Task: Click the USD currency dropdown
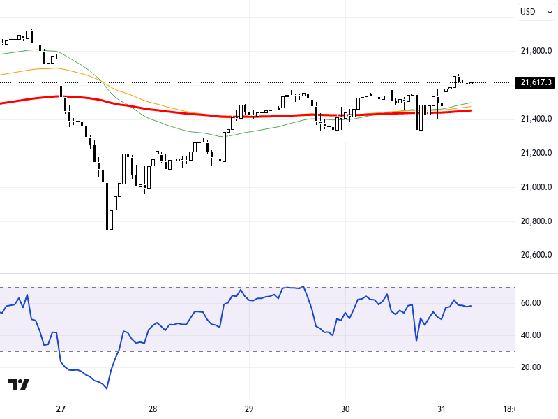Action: point(535,12)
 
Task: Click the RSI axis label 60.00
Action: point(532,303)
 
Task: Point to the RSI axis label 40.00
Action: point(532,335)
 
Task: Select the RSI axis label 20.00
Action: point(532,367)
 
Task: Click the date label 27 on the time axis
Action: point(61,409)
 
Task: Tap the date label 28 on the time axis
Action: point(153,409)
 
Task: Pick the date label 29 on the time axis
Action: point(249,409)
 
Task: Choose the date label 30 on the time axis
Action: point(345,409)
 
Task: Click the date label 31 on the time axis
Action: point(441,409)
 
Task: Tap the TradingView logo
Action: point(19,385)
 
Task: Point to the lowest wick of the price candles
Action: point(107,249)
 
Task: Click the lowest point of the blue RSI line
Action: point(107,388)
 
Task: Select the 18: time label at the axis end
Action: point(509,409)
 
